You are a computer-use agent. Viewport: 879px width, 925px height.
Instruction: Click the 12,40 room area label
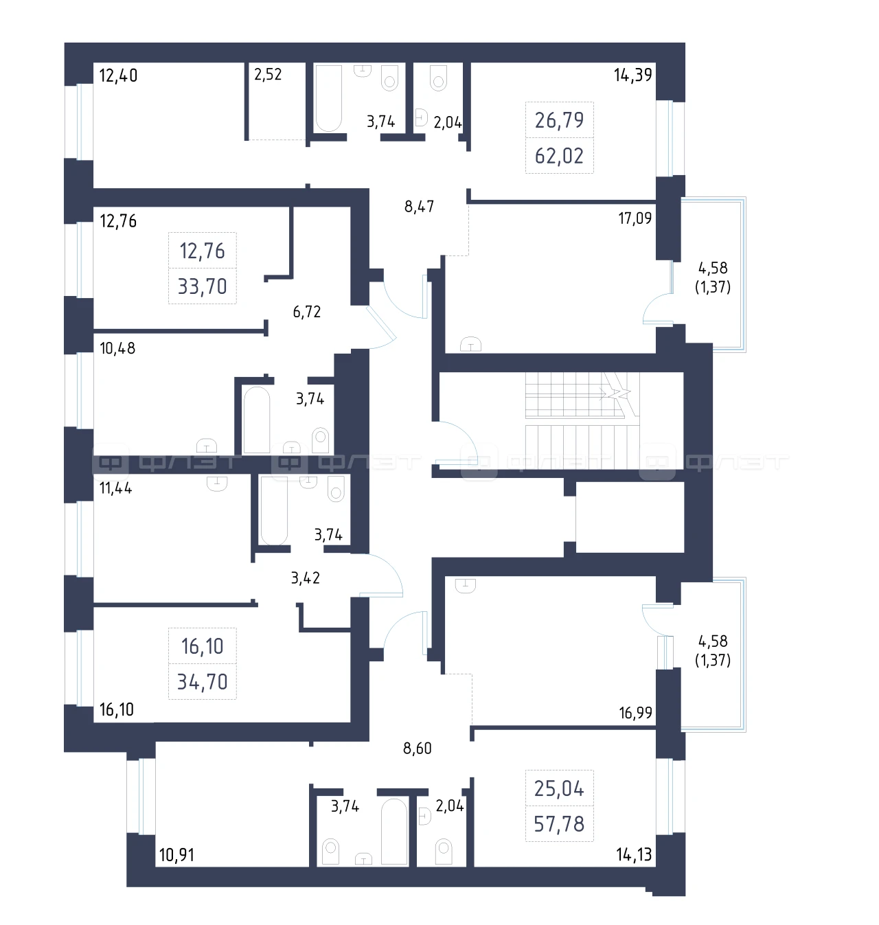tap(118, 76)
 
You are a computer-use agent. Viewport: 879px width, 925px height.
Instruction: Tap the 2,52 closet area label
tap(268, 74)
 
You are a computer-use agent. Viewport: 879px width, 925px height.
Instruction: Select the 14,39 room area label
tap(633, 75)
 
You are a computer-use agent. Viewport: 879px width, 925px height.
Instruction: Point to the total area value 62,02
tap(559, 156)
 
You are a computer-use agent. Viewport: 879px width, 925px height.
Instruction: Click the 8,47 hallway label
tap(419, 207)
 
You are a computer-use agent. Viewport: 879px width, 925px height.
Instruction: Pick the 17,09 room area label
tap(635, 218)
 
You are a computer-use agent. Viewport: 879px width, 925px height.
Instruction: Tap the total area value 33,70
tap(203, 286)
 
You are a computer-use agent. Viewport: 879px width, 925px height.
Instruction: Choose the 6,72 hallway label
tap(307, 312)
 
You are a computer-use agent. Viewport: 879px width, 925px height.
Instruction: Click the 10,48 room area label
tap(117, 348)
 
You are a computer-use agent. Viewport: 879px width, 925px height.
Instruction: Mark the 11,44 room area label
tap(116, 488)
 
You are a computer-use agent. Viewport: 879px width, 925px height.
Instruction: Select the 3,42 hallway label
tap(306, 578)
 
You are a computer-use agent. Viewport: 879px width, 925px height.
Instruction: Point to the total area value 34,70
tap(203, 682)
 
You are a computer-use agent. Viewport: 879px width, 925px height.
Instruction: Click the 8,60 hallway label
tap(417, 748)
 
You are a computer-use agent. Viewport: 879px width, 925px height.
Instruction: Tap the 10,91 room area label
tap(176, 855)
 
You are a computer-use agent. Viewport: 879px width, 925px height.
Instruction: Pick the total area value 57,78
tap(559, 824)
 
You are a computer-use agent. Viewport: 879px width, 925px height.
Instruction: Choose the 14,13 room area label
tap(634, 854)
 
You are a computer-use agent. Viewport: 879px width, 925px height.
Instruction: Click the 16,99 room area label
tap(635, 713)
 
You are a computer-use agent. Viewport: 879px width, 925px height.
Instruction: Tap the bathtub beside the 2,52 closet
tap(328, 98)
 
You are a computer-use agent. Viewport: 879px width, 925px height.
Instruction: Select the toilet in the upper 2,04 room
tap(438, 78)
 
